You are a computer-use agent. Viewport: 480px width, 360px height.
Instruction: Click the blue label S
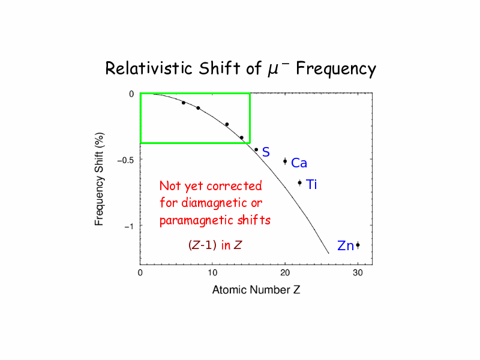click(266, 152)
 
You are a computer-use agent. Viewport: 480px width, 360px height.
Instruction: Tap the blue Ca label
click(299, 163)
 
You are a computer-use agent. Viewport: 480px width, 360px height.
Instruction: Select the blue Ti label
click(311, 185)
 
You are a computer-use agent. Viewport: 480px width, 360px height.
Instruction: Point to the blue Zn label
click(345, 246)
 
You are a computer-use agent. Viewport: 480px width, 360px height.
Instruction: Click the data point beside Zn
click(358, 245)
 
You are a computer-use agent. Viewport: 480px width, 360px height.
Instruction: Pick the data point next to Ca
click(285, 161)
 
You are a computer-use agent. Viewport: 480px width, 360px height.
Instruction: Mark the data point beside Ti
click(299, 182)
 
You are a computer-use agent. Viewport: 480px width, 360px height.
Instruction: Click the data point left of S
click(256, 149)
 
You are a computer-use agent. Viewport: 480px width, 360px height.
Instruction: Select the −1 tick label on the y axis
click(128, 226)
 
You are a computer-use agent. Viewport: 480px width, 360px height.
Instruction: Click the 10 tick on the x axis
click(212, 273)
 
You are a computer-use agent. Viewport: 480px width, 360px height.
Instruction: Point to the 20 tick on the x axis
click(285, 273)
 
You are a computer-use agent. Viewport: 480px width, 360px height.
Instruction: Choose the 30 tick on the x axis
click(358, 273)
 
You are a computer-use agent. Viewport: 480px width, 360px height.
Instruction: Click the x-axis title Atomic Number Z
click(256, 290)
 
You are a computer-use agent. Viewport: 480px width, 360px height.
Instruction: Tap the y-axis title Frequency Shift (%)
click(100, 179)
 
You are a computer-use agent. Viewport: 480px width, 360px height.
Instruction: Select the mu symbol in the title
click(271, 70)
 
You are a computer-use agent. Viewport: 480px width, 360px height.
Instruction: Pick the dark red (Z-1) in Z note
click(215, 245)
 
